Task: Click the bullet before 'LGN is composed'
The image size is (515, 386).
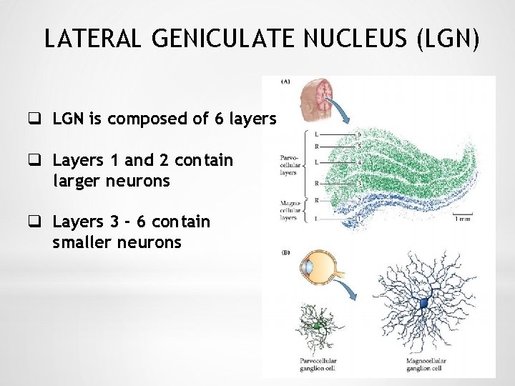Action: pyautogui.click(x=34, y=119)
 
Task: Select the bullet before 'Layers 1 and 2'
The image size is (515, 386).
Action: pyautogui.click(x=34, y=160)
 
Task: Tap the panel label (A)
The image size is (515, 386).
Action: pyautogui.click(x=285, y=81)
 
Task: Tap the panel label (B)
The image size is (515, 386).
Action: pyautogui.click(x=285, y=252)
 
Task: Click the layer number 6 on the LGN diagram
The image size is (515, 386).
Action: pyautogui.click(x=358, y=134)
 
